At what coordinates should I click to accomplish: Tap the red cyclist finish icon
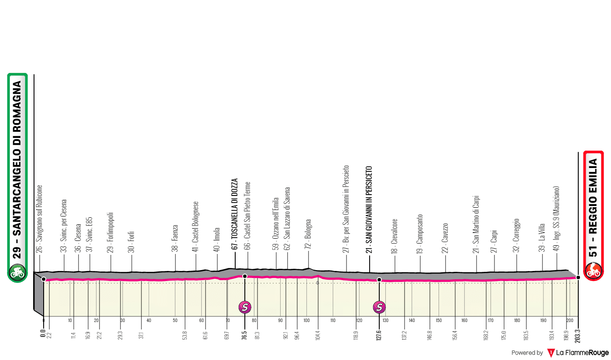coord(593,271)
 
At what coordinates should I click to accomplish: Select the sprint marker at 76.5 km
coord(245,307)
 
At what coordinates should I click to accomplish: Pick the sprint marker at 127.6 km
coord(379,307)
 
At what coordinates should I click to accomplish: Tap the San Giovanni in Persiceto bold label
coord(369,209)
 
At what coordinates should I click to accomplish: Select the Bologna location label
coord(309,236)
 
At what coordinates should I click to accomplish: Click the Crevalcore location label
coord(395,236)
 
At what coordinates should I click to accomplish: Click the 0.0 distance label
coord(43,334)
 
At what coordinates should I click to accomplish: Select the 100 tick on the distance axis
coord(306,321)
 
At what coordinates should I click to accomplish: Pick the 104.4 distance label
coord(318,336)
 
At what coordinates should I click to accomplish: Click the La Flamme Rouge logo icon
coord(551,352)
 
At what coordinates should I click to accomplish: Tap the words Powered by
coord(527,353)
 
